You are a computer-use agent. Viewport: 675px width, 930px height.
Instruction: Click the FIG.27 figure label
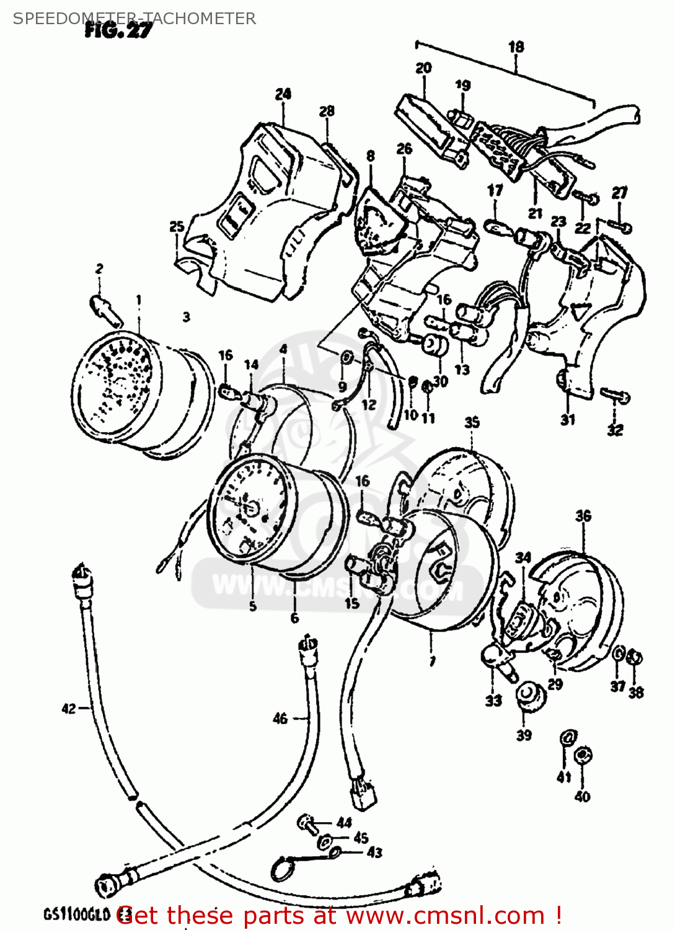click(x=117, y=30)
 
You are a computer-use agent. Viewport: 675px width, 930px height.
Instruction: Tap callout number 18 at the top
click(x=516, y=46)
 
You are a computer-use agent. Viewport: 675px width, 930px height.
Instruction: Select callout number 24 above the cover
click(x=283, y=94)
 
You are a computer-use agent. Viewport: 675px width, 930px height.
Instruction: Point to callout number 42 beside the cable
click(x=69, y=708)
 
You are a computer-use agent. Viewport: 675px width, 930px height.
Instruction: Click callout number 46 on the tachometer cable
click(x=280, y=718)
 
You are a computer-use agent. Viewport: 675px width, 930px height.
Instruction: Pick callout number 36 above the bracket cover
click(x=583, y=516)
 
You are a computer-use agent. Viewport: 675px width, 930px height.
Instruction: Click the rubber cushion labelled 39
click(x=529, y=693)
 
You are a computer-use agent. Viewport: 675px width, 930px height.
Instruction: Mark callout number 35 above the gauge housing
click(x=472, y=422)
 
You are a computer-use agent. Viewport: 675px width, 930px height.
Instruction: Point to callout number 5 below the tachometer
click(x=252, y=606)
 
